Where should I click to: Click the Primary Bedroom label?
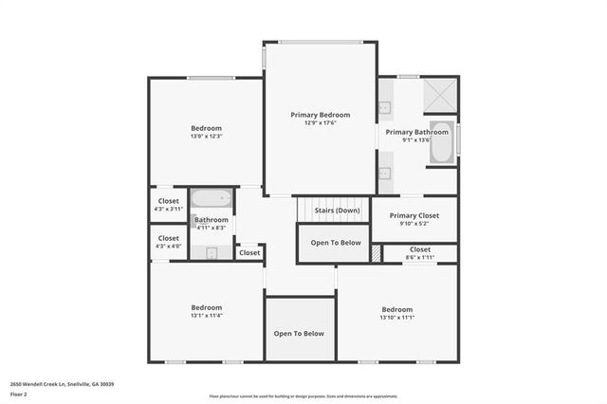[320, 115]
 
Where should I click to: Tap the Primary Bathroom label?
[416, 132]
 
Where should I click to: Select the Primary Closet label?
[414, 214]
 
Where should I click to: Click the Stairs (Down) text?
[337, 210]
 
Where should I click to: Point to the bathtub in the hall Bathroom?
[212, 200]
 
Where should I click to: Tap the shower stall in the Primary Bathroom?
[439, 95]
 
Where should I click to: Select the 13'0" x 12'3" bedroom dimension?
[206, 137]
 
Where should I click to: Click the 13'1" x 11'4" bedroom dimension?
[206, 315]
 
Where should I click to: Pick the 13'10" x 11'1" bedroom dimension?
[396, 317]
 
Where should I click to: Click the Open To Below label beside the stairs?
[336, 243]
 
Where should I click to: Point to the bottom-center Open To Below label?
[299, 334]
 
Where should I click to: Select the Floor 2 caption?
[19, 394]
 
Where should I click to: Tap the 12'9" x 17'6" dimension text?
[320, 122]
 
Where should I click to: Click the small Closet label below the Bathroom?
[249, 253]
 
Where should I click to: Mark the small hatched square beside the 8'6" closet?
[376, 253]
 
